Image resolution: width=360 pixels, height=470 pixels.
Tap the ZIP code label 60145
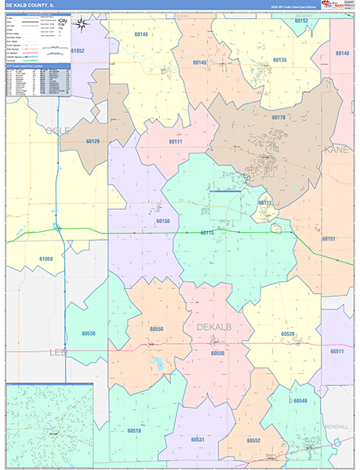click(200, 63)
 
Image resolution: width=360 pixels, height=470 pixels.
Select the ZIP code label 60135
click(279, 60)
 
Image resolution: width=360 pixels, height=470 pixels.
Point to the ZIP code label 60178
click(279, 117)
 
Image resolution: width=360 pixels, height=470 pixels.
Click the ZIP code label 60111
click(175, 142)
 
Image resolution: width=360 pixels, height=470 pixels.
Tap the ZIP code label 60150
click(163, 222)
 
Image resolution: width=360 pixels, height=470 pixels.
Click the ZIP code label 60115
click(207, 233)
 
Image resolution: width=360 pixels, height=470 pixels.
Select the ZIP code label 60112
click(265, 202)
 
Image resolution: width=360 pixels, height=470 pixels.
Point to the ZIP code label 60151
click(329, 238)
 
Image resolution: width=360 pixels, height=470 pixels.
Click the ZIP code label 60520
click(289, 334)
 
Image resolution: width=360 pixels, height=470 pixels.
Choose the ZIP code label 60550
click(156, 329)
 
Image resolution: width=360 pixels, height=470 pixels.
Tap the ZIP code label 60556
click(218, 353)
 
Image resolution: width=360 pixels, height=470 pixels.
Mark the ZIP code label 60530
click(88, 334)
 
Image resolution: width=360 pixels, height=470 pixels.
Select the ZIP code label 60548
click(301, 400)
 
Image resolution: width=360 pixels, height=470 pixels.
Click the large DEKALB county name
click(210, 327)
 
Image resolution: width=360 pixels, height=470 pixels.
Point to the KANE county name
click(337, 149)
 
